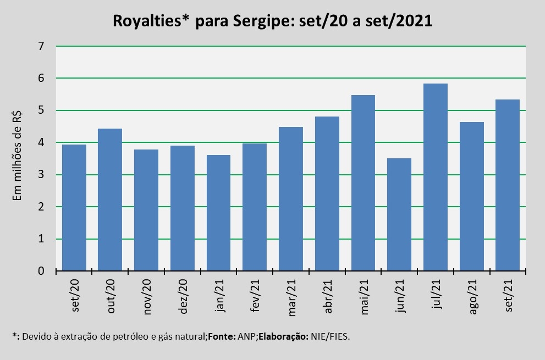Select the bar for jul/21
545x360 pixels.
436,178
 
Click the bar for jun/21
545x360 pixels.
399,215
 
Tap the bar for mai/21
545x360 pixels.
363,183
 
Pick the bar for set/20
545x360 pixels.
74,208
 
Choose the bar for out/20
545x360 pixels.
110,200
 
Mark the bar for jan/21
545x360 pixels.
218,213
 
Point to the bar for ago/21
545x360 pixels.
472,196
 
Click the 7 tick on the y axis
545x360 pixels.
41,46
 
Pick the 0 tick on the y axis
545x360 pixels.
41,271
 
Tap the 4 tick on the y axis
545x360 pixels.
41,143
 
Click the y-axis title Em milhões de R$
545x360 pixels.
17,154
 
